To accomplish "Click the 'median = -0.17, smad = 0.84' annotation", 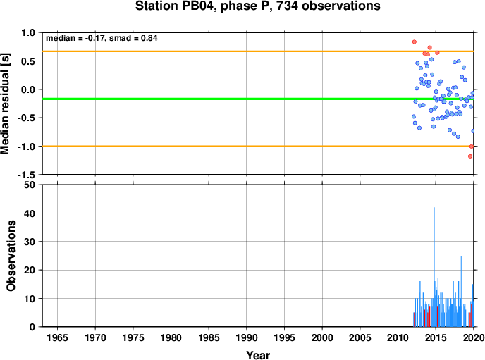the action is (x=102, y=38).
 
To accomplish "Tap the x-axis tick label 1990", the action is (x=247, y=337).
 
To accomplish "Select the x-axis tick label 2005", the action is (x=360, y=337).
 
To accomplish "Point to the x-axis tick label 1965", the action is (x=57, y=337).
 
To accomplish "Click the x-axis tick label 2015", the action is (x=436, y=337).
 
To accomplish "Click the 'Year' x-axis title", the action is (x=258, y=355).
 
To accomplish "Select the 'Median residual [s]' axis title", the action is (x=5, y=104).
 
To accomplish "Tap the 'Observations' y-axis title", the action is (x=11, y=256).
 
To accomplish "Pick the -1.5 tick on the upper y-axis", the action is (x=27, y=175).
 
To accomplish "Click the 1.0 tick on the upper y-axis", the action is (x=28, y=32).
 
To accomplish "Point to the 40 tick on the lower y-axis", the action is (x=30, y=213).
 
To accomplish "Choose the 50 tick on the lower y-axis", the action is (x=30, y=185).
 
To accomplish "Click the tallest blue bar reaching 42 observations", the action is (x=434, y=267).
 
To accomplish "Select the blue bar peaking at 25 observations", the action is (x=461, y=291).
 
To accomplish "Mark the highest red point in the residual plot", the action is (x=415, y=42).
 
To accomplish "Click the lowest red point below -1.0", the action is (x=470, y=156).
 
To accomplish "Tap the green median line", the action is (x=258, y=99).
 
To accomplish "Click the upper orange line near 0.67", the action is (x=258, y=51).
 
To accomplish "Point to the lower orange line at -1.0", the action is (x=258, y=146).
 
